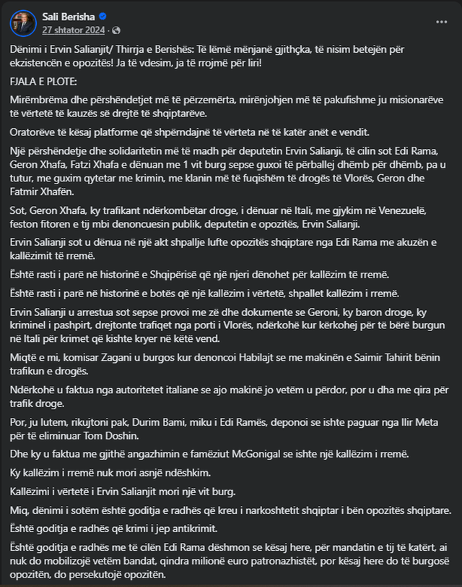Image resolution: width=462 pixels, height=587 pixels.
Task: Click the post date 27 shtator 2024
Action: [72, 30]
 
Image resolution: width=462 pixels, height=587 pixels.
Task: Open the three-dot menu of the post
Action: [440, 22]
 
